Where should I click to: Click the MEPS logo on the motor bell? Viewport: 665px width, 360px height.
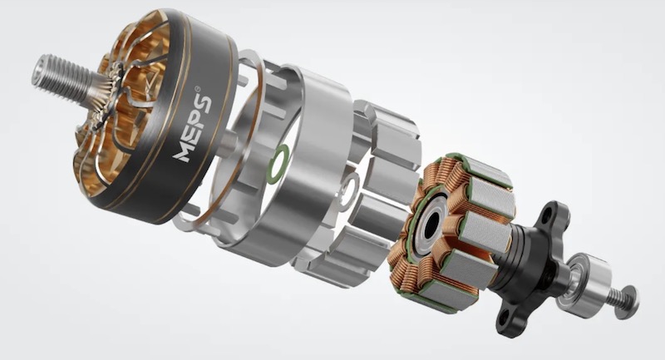coord(193,129)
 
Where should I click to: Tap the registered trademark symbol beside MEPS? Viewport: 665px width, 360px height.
coord(198,89)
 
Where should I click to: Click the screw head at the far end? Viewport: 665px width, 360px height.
coord(629,303)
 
